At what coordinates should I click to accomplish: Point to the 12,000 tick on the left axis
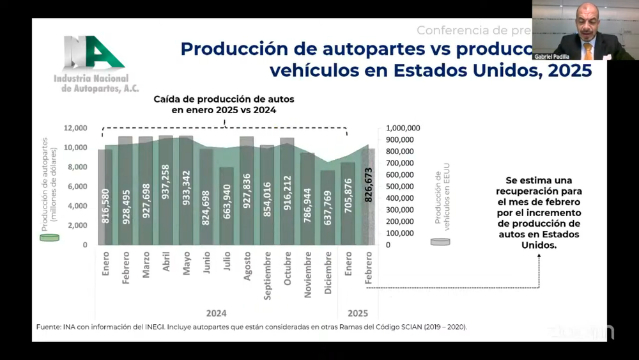tap(76, 128)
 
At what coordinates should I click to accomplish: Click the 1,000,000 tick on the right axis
tap(403, 128)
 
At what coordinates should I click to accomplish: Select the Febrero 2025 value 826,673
tap(368, 185)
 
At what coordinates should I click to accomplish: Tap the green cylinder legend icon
tap(49, 238)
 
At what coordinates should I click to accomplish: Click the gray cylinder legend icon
tap(440, 242)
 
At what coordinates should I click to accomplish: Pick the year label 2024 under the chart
tap(216, 313)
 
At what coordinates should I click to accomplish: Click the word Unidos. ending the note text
tap(539, 245)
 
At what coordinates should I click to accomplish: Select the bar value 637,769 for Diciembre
tap(328, 208)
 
